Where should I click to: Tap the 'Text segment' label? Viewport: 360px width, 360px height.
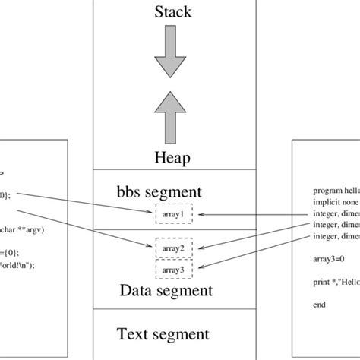click(163, 333)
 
